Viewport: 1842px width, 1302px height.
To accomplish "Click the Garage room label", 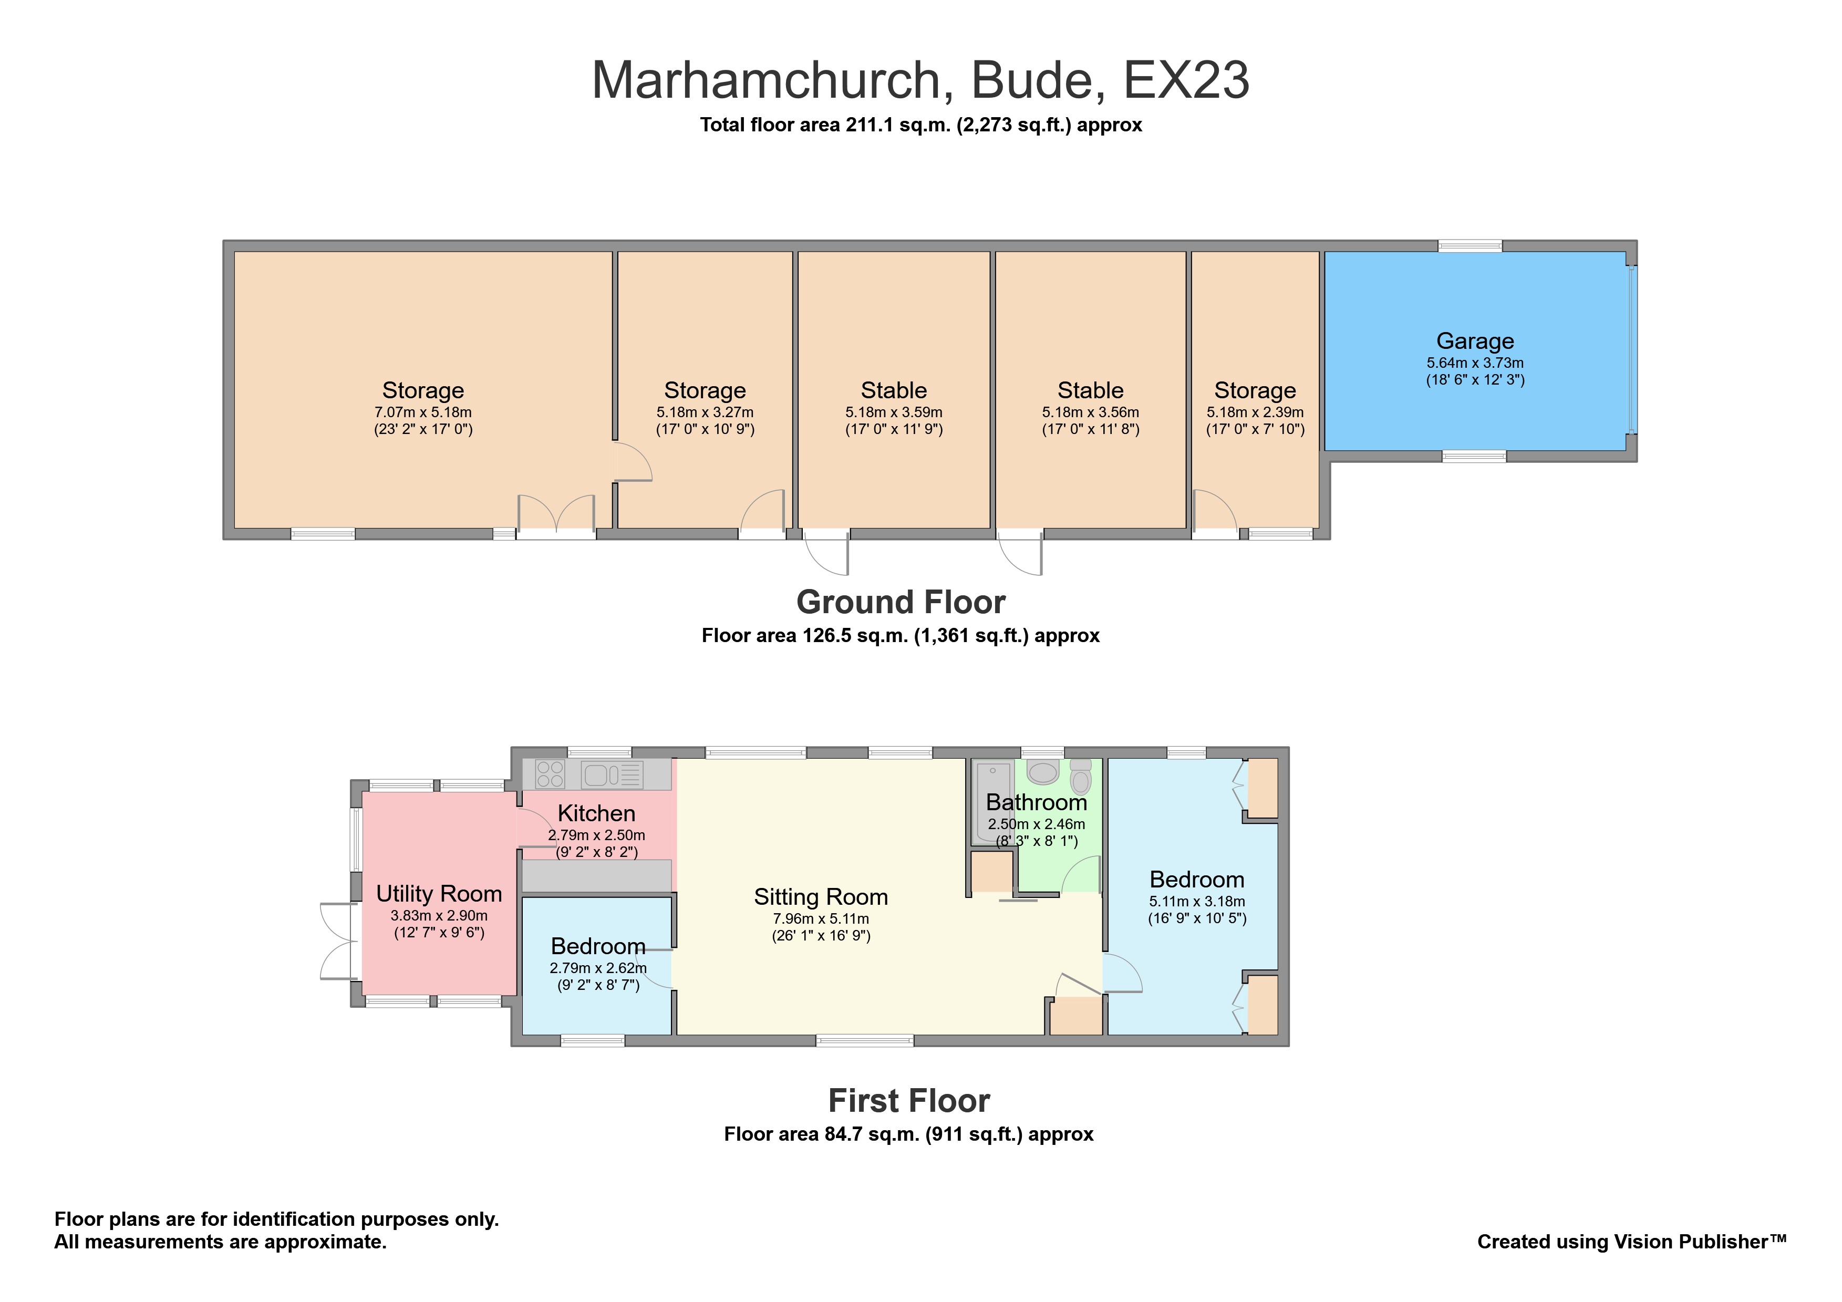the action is click(x=1475, y=341).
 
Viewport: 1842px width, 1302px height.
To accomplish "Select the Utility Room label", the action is click(x=439, y=894).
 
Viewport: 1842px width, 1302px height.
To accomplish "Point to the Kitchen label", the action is click(x=596, y=813).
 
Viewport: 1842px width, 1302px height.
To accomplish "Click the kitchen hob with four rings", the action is click(x=550, y=774).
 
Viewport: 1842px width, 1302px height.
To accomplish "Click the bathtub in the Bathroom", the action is click(x=992, y=802).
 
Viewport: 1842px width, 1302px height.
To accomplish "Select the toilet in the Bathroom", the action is click(x=1081, y=777).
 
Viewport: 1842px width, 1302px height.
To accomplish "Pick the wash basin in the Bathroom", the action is click(x=1043, y=772).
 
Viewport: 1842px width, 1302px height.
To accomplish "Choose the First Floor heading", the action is click(x=909, y=1101).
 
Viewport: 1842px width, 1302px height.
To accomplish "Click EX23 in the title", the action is click(x=1186, y=80).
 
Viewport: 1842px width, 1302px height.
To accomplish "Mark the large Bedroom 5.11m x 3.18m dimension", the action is click(x=1197, y=902).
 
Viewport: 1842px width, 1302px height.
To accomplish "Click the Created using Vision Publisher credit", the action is click(x=1632, y=1242).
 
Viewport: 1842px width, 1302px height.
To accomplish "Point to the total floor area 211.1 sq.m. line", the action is click(x=921, y=125).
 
